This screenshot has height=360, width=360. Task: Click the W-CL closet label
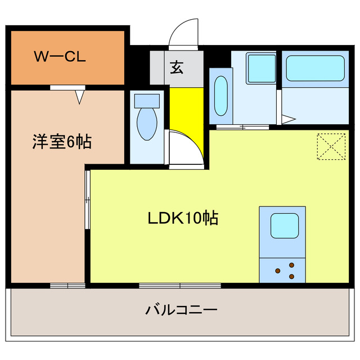[x=59, y=57]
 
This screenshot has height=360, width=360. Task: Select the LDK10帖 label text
[x=183, y=218]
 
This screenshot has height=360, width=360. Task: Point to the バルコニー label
[x=181, y=309]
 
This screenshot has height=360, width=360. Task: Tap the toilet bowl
[x=147, y=124]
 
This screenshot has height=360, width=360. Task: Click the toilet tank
[x=147, y=101]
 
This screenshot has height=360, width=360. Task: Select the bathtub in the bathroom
[x=314, y=68]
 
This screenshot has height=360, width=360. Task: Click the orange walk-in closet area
[x=67, y=57]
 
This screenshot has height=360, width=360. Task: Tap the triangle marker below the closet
[x=80, y=97]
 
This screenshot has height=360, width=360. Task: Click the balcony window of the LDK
[x=180, y=286]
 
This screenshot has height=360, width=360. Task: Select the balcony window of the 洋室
[x=67, y=286]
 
